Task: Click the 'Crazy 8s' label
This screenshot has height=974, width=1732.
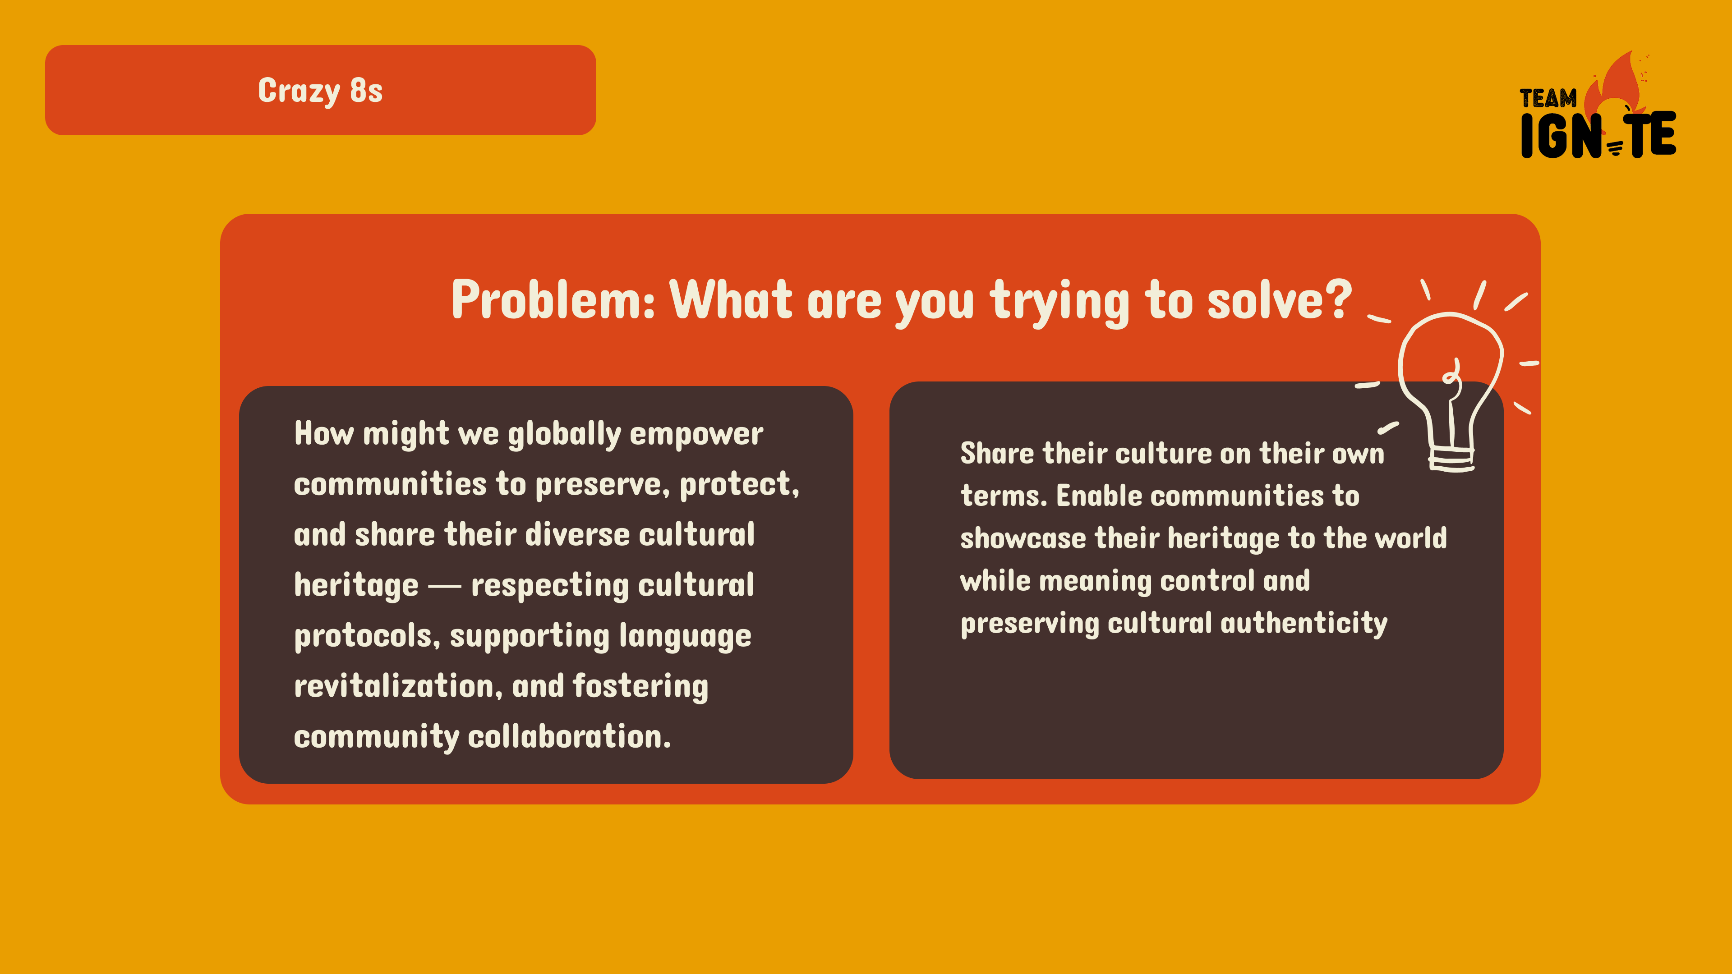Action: [x=320, y=91]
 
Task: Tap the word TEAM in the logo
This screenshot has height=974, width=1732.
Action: [x=1548, y=98]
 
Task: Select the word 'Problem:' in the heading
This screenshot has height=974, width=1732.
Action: [x=553, y=300]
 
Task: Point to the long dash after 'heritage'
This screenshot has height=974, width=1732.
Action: [x=444, y=586]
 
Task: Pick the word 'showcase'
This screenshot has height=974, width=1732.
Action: [x=1023, y=538]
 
